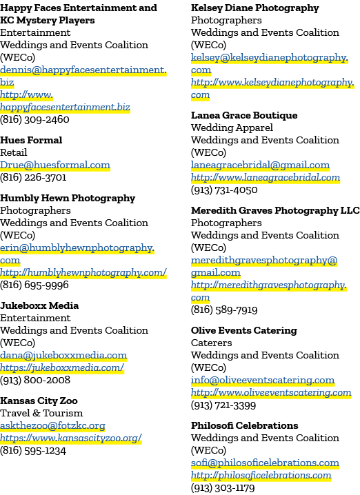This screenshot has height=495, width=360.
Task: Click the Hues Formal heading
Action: (x=31, y=140)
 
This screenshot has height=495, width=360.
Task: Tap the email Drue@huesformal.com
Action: (x=55, y=165)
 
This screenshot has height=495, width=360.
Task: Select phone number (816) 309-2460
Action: (x=34, y=119)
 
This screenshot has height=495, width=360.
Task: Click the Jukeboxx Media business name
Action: (x=39, y=305)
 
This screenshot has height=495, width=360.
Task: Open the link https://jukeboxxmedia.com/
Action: (x=62, y=367)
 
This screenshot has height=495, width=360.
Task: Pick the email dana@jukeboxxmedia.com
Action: (x=63, y=355)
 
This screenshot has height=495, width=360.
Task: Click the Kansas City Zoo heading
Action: (x=39, y=401)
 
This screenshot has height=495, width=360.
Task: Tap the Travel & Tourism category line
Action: (x=41, y=413)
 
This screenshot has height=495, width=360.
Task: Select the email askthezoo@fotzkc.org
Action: (x=52, y=425)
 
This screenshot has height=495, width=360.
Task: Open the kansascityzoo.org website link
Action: (x=71, y=438)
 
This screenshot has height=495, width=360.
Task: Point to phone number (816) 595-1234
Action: (x=33, y=450)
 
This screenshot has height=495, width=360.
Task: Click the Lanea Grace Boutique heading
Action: (x=244, y=115)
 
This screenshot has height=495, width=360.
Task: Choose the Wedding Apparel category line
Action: (x=232, y=128)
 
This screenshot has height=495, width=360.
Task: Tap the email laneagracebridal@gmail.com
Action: (x=260, y=165)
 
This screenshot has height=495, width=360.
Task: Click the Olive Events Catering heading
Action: (x=243, y=330)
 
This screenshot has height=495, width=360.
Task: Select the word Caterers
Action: (x=211, y=343)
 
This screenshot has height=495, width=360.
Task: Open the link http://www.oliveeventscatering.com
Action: (x=271, y=392)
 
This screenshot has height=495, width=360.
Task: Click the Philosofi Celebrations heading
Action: (x=244, y=425)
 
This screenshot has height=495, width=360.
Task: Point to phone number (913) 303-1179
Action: (x=223, y=487)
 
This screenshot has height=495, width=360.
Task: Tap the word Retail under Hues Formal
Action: (x=14, y=152)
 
